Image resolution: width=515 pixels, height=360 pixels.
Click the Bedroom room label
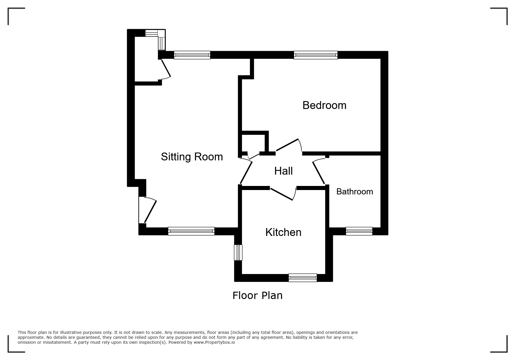point(324,105)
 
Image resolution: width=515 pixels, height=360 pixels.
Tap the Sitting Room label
point(192,157)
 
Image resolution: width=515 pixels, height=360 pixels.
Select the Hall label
point(284,171)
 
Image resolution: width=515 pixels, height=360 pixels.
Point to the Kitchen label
point(284,232)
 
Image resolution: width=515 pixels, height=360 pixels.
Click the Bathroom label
point(355,191)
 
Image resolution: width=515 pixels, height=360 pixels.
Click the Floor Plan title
point(257,295)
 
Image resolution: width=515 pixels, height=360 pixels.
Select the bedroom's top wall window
point(316,55)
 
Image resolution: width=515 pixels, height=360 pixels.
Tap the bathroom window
point(359,231)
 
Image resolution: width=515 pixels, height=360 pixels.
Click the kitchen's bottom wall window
point(303,278)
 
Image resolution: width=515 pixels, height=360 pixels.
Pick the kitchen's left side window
point(238,252)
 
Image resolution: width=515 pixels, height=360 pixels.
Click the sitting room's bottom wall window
point(191,231)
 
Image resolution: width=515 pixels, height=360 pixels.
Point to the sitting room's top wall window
point(192,55)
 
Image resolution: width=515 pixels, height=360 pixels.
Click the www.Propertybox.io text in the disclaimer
point(214,342)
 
